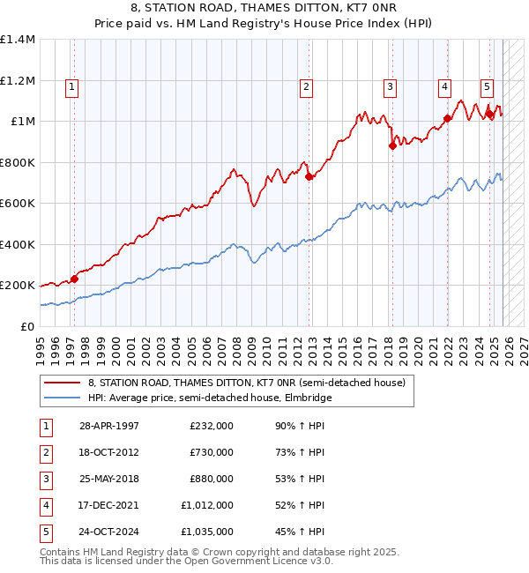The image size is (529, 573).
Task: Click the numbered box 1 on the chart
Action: pyautogui.click(x=71, y=86)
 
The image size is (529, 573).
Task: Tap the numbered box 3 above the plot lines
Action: pyautogui.click(x=389, y=86)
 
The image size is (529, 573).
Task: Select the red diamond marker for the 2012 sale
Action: pyautogui.click(x=309, y=176)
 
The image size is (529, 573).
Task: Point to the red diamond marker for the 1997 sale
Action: pyautogui.click(x=74, y=279)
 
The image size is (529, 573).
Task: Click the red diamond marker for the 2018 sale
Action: pyautogui.click(x=392, y=146)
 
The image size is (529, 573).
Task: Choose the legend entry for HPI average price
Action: pyautogui.click(x=208, y=398)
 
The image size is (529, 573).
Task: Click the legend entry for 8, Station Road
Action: pyautogui.click(x=246, y=383)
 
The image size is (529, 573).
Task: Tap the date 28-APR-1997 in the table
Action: pyautogui.click(x=109, y=425)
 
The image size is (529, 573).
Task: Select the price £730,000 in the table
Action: pyautogui.click(x=212, y=452)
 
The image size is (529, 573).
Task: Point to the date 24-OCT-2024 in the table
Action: pyautogui.click(x=109, y=532)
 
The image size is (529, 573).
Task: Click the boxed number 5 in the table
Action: pyautogui.click(x=46, y=532)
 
